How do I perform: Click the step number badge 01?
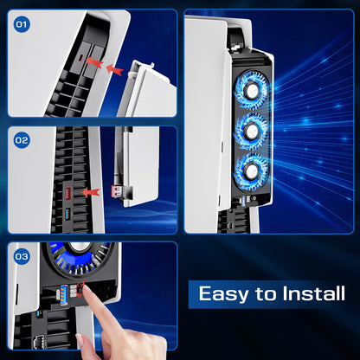(x=22, y=24)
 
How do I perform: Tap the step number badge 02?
(x=22, y=140)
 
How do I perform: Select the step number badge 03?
(x=22, y=256)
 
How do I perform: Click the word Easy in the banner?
(x=223, y=294)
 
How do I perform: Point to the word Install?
(x=313, y=293)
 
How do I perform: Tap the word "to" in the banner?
(x=266, y=294)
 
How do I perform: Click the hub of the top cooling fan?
(x=252, y=90)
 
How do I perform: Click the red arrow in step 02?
(x=91, y=192)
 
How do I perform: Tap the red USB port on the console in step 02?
(x=68, y=192)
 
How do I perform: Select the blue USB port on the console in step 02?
(x=68, y=214)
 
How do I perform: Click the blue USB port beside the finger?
(x=64, y=294)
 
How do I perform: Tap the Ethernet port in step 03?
(x=39, y=343)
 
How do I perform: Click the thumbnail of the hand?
(x=80, y=340)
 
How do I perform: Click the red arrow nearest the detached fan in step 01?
(x=114, y=69)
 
